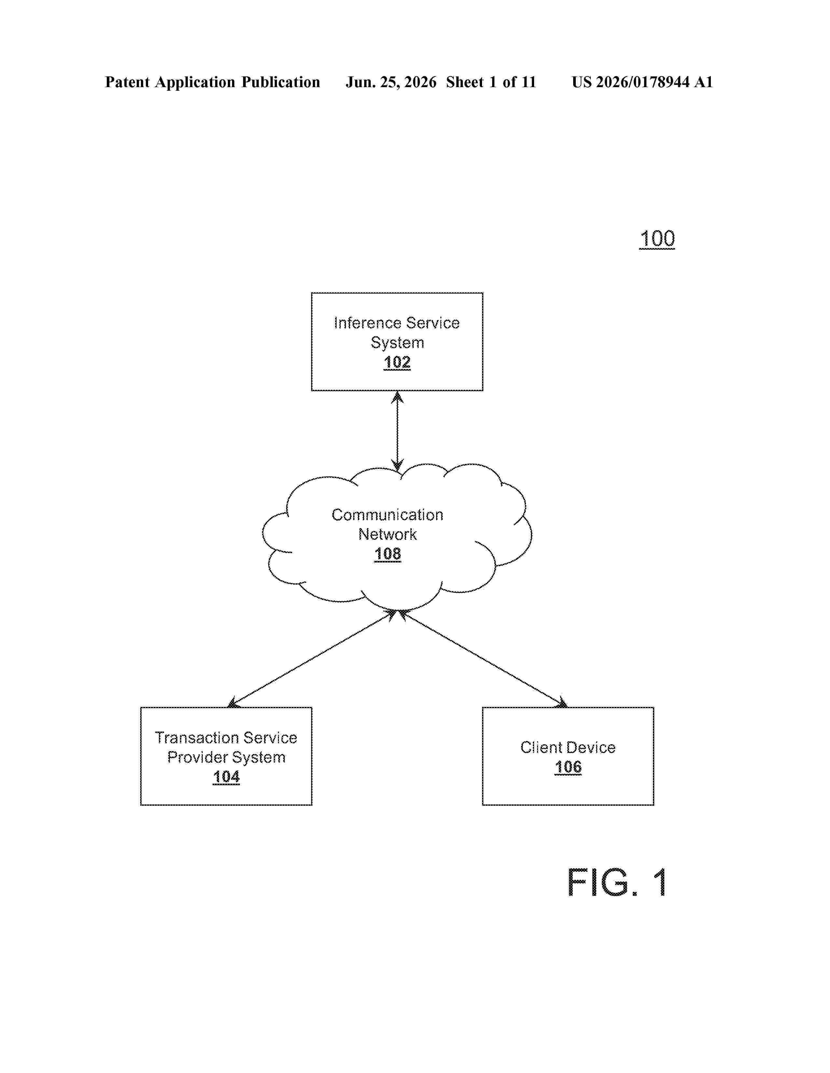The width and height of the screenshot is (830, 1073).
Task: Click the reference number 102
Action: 397,362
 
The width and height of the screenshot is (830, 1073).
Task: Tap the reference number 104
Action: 226,777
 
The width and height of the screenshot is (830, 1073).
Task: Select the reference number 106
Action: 568,767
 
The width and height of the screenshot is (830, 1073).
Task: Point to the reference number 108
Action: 387,554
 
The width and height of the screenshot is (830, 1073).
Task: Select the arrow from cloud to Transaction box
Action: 313,658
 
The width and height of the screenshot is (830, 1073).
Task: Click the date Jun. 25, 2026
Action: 391,82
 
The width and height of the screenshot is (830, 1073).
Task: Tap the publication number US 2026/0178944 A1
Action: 642,82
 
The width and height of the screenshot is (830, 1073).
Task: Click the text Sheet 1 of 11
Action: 491,82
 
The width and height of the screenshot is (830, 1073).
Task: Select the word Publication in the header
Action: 281,82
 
